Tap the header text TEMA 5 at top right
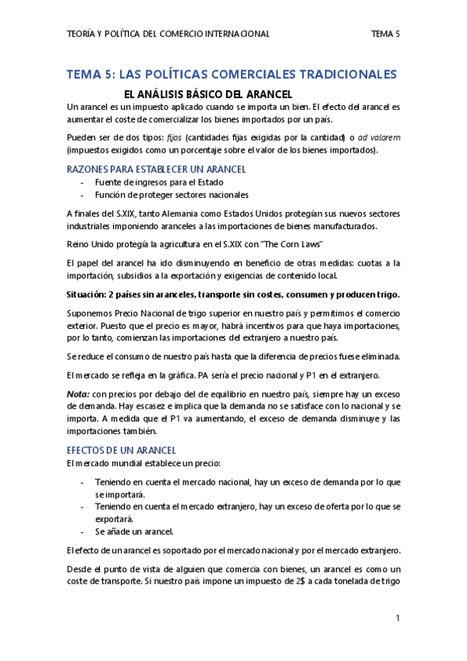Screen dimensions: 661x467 pos(385,34)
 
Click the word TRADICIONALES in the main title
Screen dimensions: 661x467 pos(344,75)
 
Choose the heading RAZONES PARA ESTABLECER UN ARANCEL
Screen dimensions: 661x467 pos(157,168)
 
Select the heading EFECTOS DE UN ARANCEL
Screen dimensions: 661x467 pos(121,451)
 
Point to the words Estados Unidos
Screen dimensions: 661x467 pos(242,214)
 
